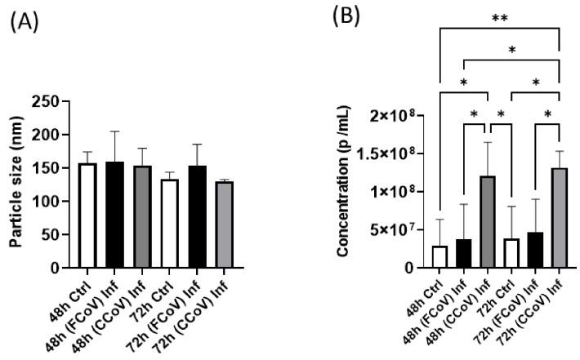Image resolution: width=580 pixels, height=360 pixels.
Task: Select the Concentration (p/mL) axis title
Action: (347, 186)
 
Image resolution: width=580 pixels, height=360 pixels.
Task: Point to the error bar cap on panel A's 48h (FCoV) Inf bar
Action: (115, 131)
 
